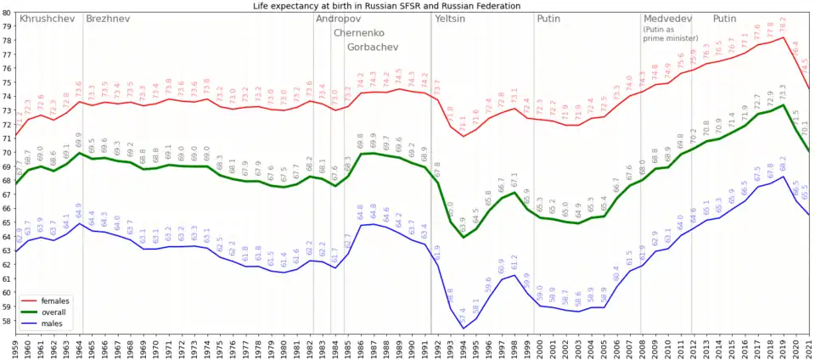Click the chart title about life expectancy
coord(399,6)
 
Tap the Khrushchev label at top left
coord(47,19)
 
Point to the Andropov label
coord(337,19)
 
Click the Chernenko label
coord(359,33)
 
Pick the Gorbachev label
coord(373,48)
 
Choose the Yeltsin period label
coord(456,19)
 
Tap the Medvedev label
coord(667,19)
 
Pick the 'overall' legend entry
coord(51,312)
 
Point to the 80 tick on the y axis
coord(7,13)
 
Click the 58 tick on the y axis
coord(7,321)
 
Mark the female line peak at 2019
coord(783,37)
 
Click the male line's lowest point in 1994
coord(464,329)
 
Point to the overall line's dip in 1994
coord(464,237)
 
